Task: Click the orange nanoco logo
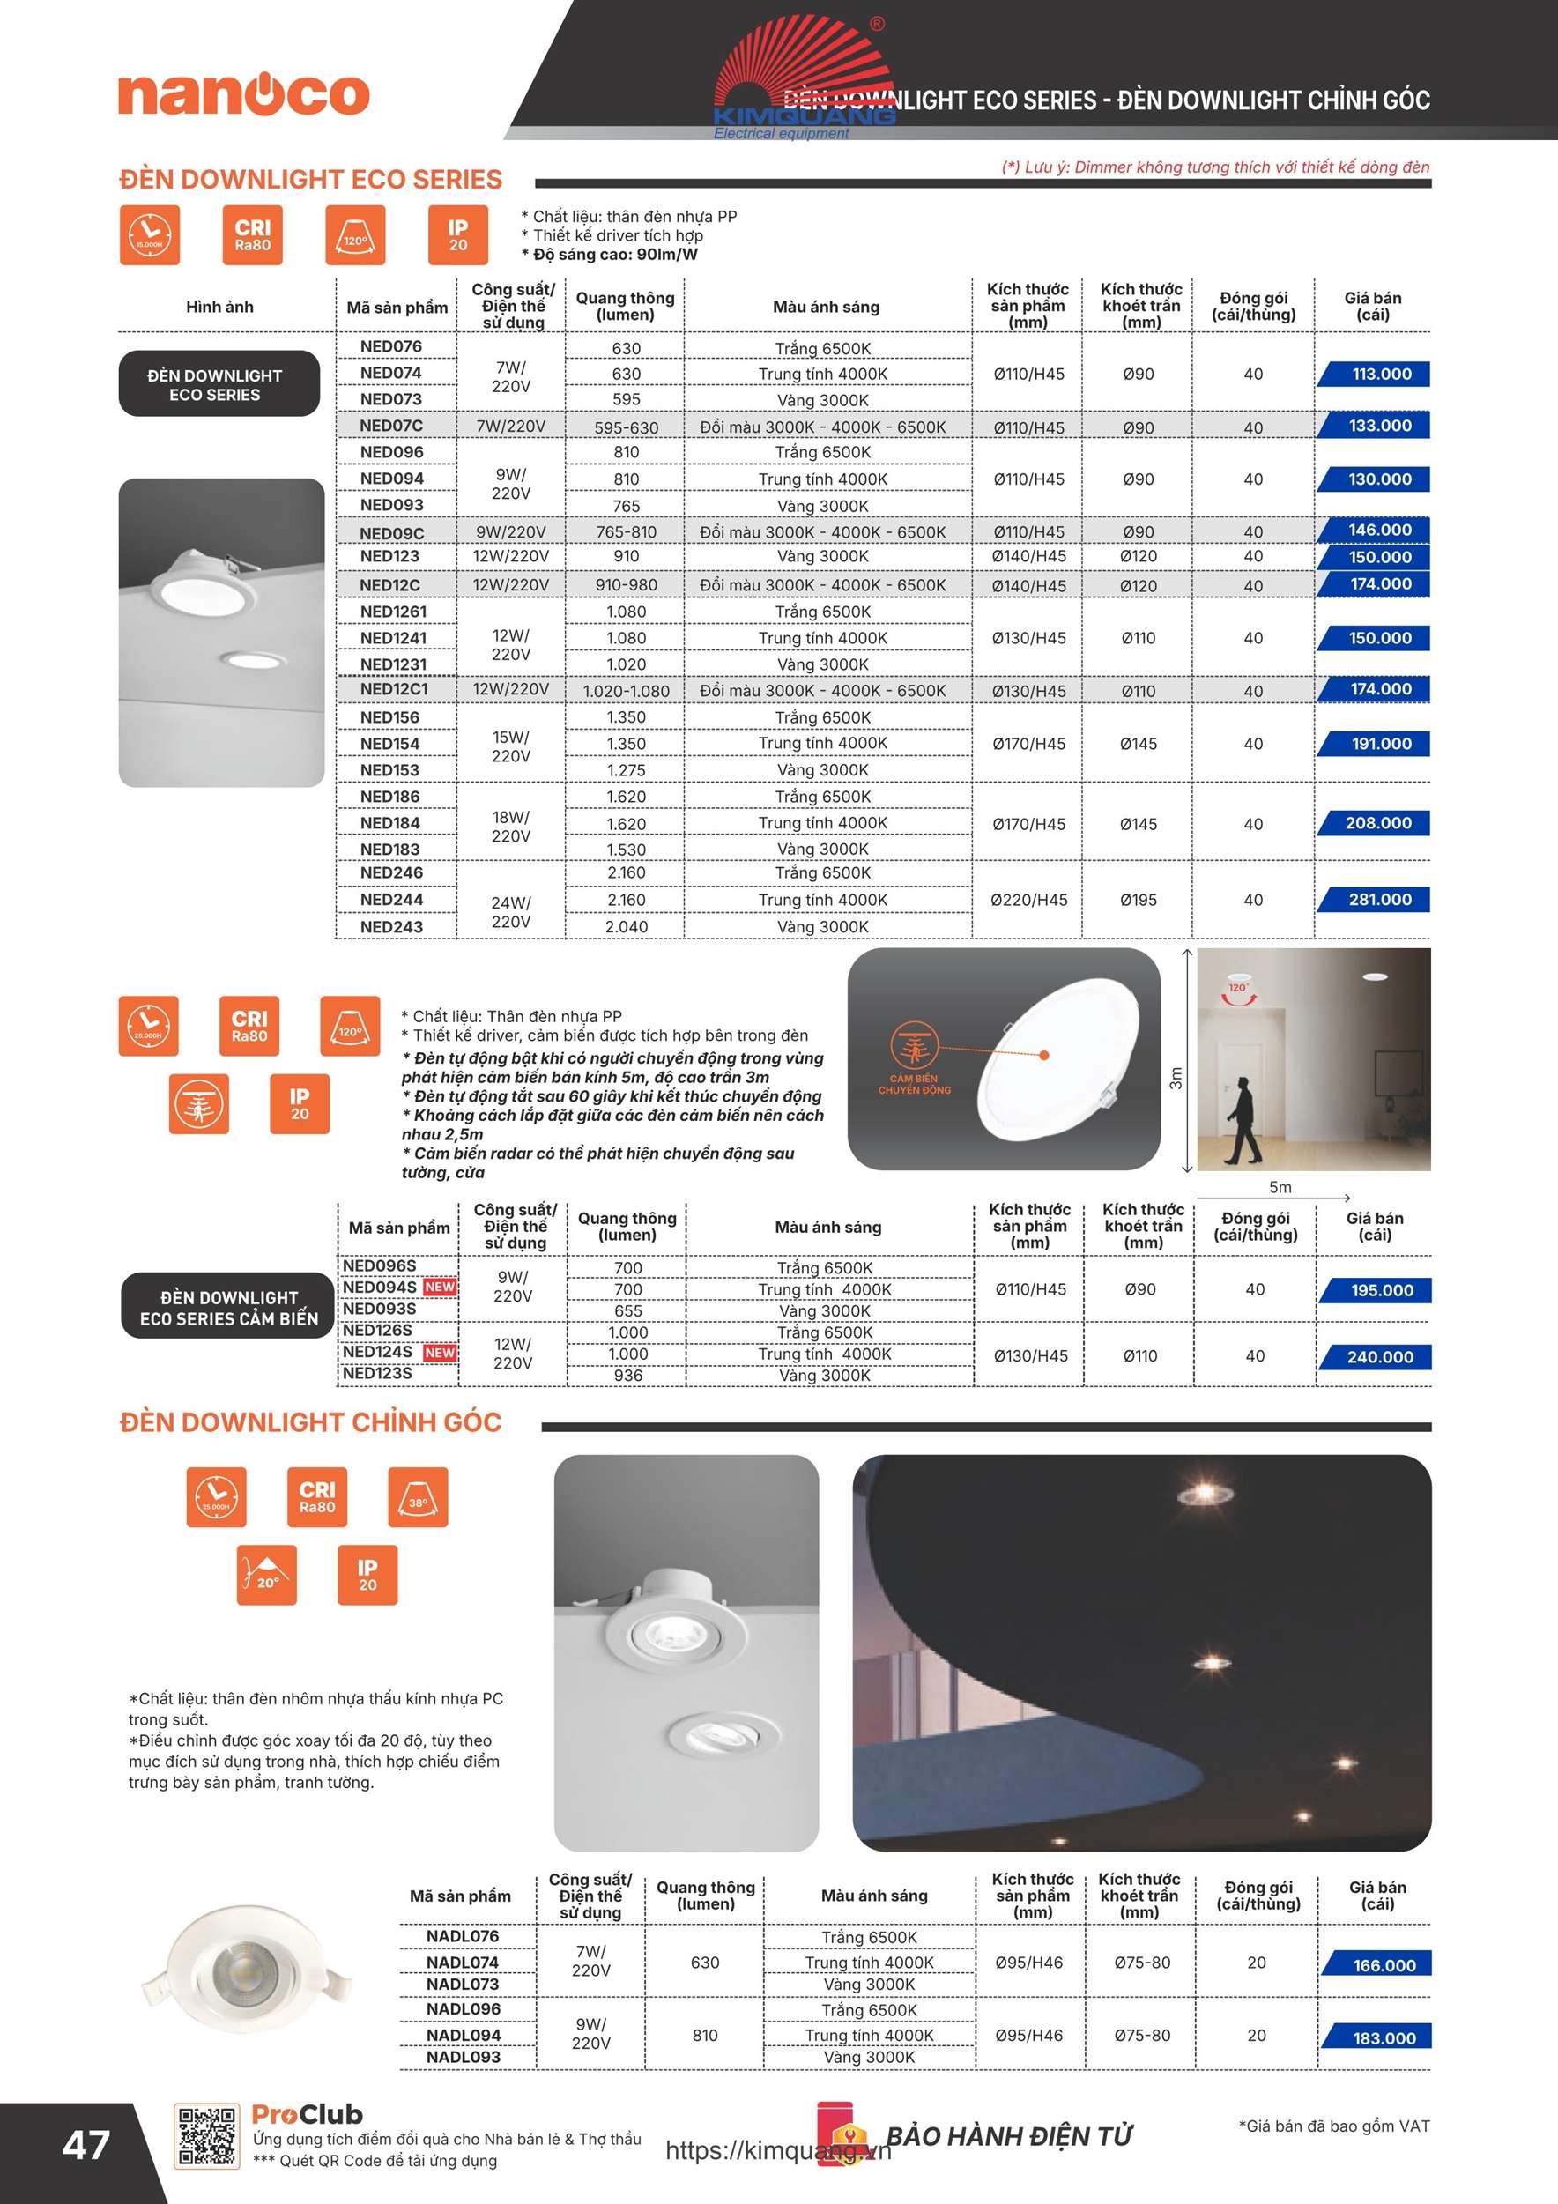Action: [x=244, y=94]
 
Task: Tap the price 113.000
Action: [x=1380, y=375]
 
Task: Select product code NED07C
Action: [x=390, y=426]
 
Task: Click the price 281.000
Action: [x=1379, y=900]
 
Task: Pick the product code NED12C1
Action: [x=394, y=689]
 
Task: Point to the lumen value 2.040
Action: [x=626, y=926]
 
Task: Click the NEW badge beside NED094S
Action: [x=440, y=1288]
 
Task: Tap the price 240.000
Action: [x=1379, y=1356]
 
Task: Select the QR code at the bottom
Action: [x=205, y=2137]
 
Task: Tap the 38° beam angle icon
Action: [x=418, y=1496]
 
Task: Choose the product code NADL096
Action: [x=463, y=2009]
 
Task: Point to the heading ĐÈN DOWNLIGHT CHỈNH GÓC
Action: [x=310, y=1422]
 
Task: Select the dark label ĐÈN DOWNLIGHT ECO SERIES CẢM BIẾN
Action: [x=228, y=1308]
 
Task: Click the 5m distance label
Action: [x=1280, y=1187]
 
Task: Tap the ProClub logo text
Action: [x=308, y=2114]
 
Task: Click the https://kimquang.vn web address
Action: [x=777, y=2150]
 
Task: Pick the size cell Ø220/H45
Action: [x=1028, y=900]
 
